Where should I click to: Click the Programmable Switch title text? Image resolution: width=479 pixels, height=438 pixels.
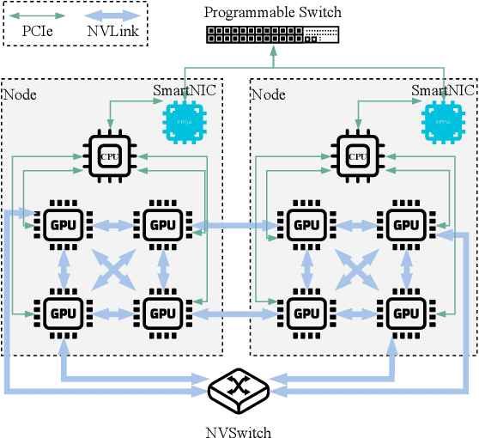point(273,12)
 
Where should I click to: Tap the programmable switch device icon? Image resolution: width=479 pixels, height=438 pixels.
point(273,35)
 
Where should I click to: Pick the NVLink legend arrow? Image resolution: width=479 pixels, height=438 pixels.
point(114,15)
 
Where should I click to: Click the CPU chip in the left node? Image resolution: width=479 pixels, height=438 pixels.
point(108,155)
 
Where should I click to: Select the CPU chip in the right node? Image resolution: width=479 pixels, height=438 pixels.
point(355,155)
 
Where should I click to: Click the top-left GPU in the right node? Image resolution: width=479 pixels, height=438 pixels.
point(306,225)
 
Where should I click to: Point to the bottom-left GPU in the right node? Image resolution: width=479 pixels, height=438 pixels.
point(306,311)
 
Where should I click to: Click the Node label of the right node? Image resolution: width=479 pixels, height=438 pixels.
point(268,94)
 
